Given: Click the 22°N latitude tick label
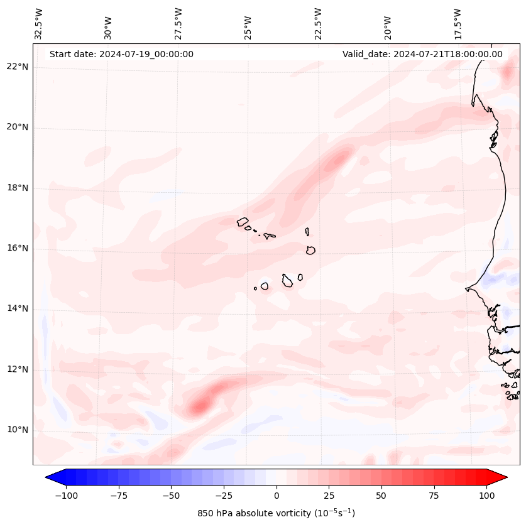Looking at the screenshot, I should click(17, 67).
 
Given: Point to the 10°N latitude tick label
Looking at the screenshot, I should click(17, 430).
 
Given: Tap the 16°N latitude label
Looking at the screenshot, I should click(17, 249).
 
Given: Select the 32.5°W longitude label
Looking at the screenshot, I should click(39, 24).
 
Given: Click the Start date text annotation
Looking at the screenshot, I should click(121, 54).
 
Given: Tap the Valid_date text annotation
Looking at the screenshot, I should click(422, 54).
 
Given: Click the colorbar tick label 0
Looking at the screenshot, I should click(276, 496).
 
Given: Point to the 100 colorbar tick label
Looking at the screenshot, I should click(486, 496).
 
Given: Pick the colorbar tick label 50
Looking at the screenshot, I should click(381, 496).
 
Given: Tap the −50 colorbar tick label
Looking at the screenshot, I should click(171, 496).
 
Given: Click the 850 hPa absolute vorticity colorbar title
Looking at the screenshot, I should click(276, 513).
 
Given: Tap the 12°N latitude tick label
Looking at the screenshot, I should click(17, 370).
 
